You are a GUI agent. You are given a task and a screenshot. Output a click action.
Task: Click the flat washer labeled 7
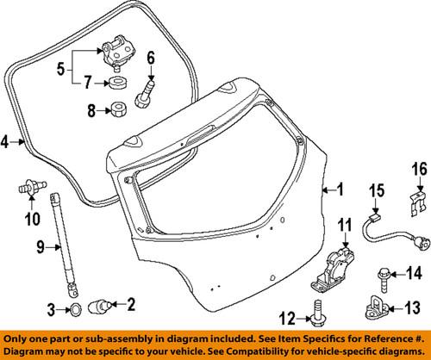[115, 84]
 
